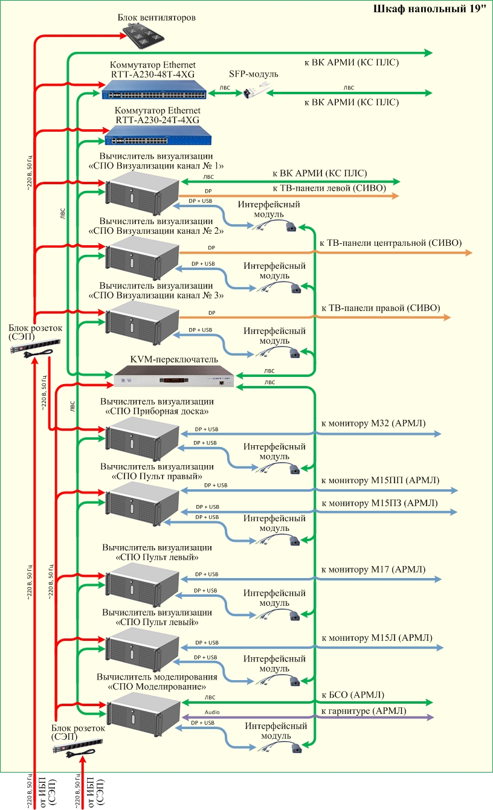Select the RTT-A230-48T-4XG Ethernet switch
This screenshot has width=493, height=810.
click(153, 93)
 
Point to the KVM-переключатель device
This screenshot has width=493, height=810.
click(174, 376)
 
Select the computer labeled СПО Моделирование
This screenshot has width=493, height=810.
click(144, 715)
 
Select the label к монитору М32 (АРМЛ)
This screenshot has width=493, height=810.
click(373, 424)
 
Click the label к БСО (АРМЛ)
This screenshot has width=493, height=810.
click(353, 695)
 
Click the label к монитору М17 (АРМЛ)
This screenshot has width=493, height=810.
click(373, 569)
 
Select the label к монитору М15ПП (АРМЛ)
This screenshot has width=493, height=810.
click(381, 481)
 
